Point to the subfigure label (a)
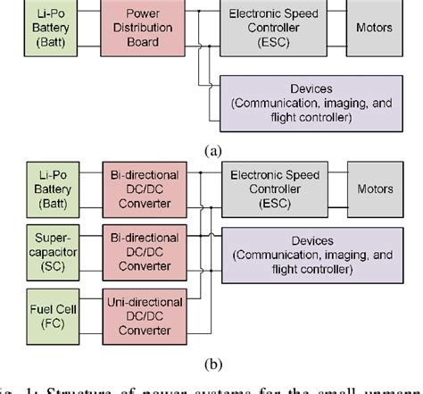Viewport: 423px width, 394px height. (211, 150)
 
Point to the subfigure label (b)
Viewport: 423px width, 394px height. (211, 365)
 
